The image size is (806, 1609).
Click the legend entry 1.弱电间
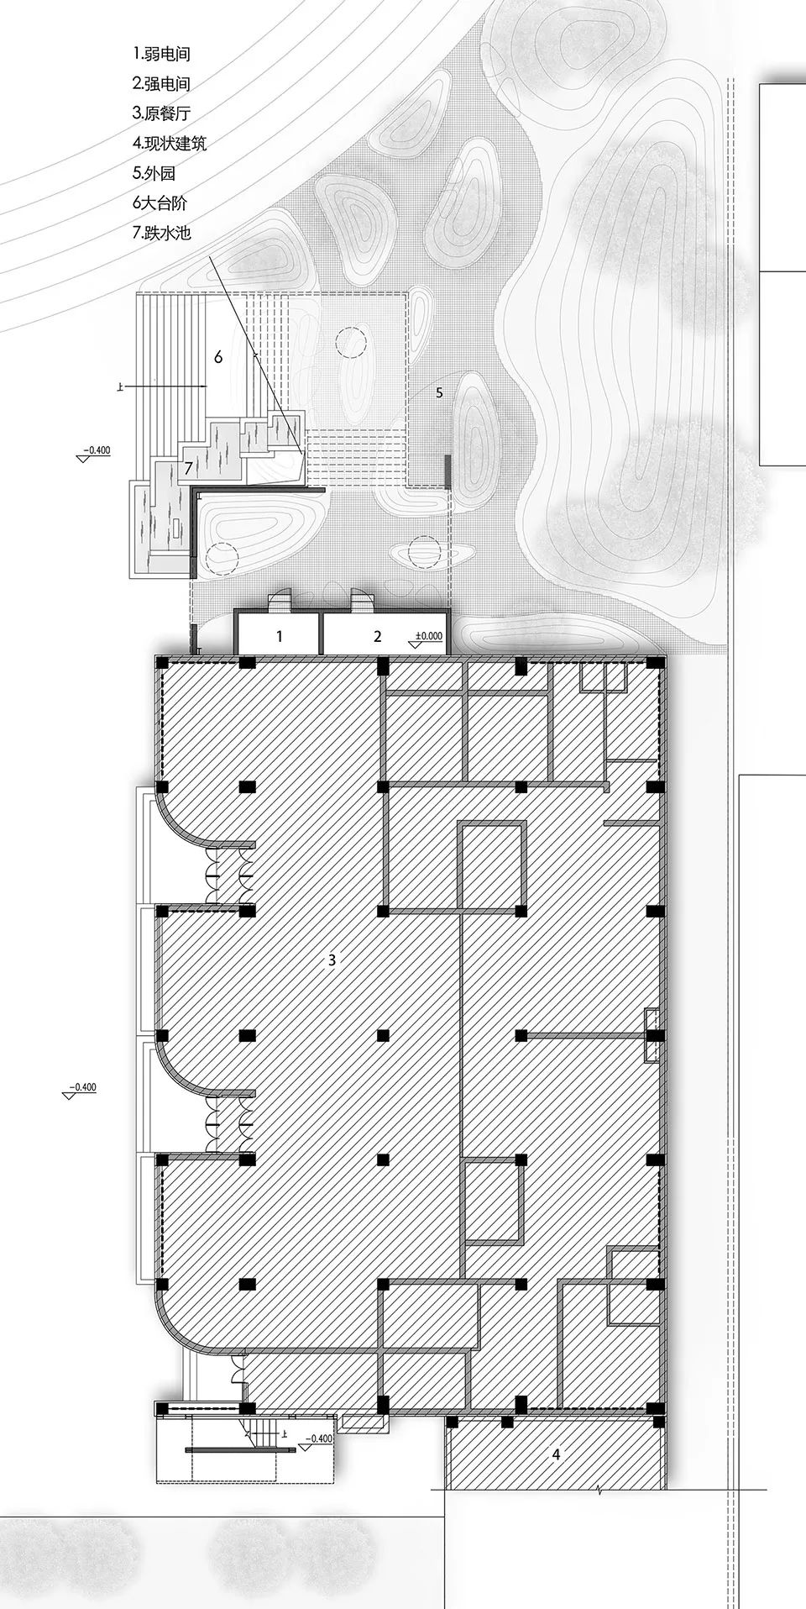coord(161,54)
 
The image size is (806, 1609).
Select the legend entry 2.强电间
coord(161,84)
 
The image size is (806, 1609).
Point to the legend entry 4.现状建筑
coord(169,144)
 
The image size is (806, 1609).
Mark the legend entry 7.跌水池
coord(161,233)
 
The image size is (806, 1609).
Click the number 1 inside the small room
coord(280,636)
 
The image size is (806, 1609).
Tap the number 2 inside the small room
coord(378,636)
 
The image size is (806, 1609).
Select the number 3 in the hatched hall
coord(332,960)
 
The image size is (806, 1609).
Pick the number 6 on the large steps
coord(218,357)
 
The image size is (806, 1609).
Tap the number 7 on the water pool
coord(189,467)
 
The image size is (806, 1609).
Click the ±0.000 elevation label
coord(428,636)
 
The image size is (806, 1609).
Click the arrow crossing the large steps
coord(168,386)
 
